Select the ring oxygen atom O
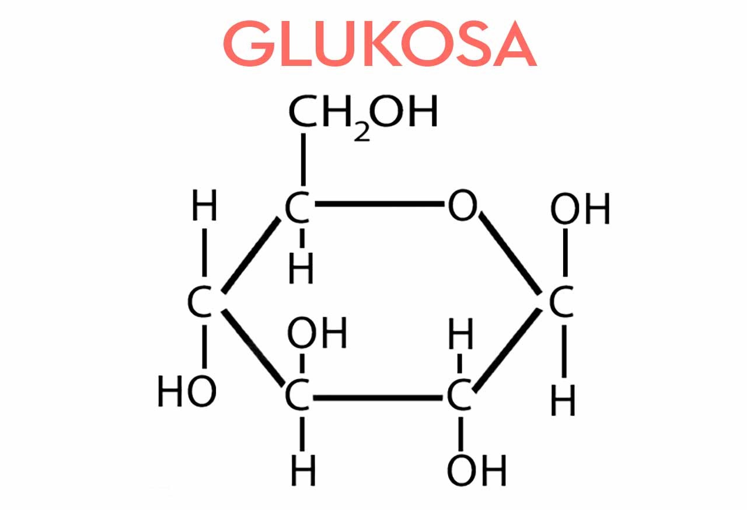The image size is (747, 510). click(462, 206)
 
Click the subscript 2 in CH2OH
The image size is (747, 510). click(362, 131)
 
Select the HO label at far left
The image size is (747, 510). click(187, 392)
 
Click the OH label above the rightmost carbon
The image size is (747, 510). click(580, 209)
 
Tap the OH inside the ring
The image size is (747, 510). click(316, 333)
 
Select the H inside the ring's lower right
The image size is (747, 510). click(460, 337)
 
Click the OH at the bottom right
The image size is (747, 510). click(476, 470)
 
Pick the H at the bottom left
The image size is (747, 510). click(303, 470)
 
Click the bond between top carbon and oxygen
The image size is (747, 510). click(379, 205)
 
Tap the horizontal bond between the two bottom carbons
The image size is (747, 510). click(379, 399)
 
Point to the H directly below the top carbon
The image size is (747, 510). click(301, 270)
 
